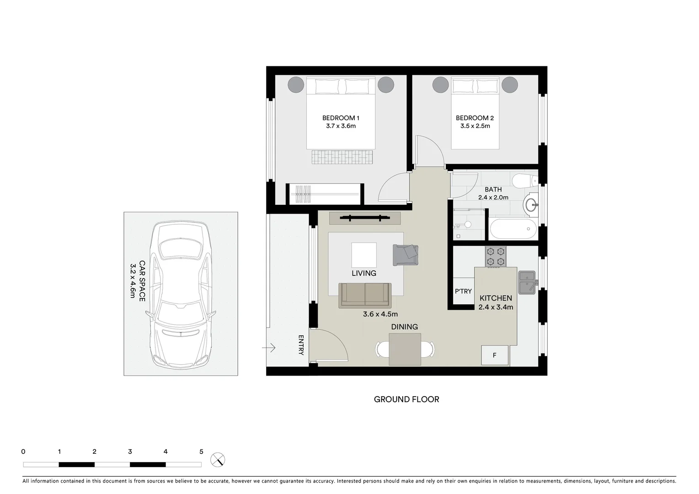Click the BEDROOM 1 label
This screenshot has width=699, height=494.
(341, 118)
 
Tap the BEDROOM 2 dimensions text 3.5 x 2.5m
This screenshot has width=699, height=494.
(475, 126)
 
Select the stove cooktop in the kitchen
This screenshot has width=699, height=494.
(496, 256)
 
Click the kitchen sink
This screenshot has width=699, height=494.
(527, 282)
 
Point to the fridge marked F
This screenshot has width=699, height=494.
(495, 355)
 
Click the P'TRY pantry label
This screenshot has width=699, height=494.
(463, 291)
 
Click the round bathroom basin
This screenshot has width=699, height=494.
(532, 204)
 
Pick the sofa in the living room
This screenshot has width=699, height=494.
(365, 295)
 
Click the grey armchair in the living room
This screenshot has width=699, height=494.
(406, 254)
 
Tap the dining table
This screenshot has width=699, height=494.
(405, 349)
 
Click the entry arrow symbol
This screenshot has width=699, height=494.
(269, 348)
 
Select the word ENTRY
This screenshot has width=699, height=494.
(301, 345)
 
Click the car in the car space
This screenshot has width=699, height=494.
(181, 294)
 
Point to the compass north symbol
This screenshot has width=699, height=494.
(218, 460)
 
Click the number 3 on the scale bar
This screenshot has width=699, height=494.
(130, 452)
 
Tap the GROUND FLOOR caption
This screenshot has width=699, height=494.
(406, 399)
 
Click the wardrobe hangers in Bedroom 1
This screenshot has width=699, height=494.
(303, 194)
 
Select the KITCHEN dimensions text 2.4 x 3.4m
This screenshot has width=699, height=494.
(496, 307)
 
